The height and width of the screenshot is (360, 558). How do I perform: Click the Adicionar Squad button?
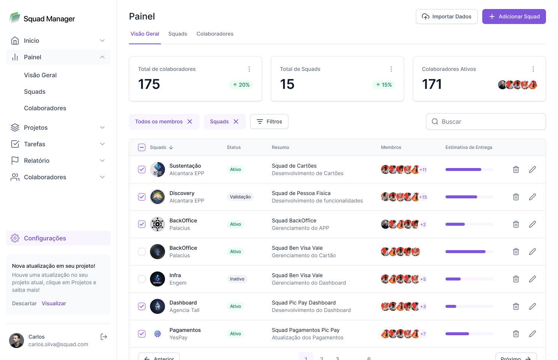514,16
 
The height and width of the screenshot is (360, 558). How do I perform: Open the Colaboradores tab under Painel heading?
215,34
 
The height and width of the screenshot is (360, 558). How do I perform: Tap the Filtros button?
269,121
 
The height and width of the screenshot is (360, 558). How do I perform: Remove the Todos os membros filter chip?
190,121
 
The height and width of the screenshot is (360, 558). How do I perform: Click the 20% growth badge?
241,85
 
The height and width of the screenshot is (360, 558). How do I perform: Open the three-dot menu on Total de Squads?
391,69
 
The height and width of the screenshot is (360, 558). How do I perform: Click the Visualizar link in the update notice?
54,303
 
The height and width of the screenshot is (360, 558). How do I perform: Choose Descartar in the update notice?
24,303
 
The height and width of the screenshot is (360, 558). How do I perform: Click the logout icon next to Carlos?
104,337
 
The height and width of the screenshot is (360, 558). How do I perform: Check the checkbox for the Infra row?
142,279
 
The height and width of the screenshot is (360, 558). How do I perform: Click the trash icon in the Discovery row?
516,197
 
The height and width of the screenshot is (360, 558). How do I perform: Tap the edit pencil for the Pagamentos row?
532,334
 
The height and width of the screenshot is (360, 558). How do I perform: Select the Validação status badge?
240,197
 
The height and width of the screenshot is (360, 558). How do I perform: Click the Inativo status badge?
237,279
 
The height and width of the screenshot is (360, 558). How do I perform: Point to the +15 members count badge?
423,197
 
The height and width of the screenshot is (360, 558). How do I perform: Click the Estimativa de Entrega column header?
469,147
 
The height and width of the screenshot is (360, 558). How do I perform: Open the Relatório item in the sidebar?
37,160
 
